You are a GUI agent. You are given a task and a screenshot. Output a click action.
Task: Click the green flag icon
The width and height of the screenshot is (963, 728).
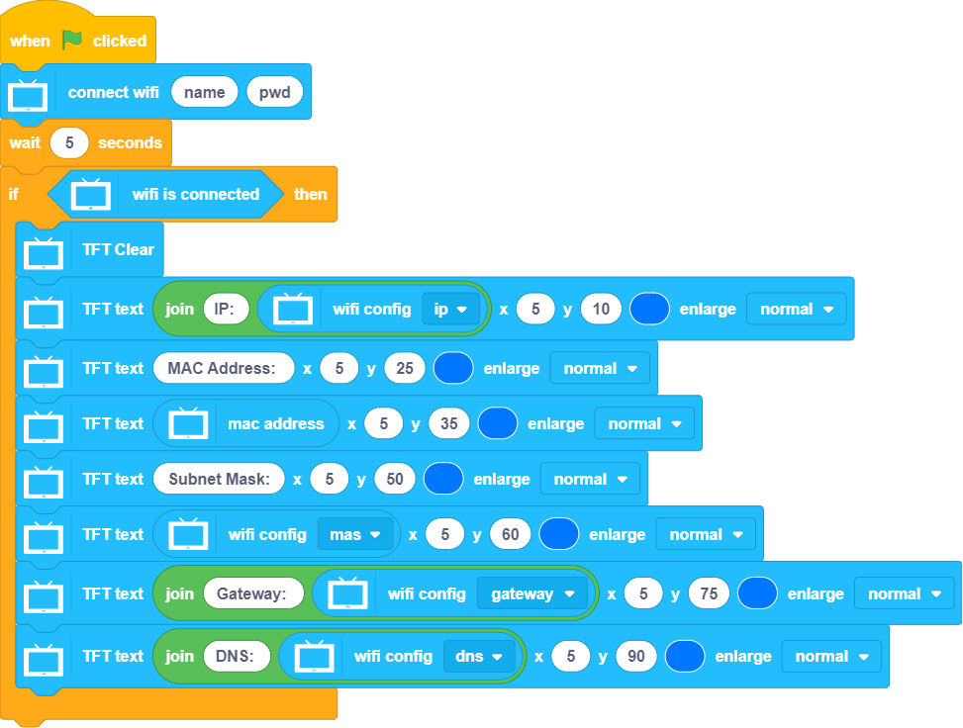coord(72,41)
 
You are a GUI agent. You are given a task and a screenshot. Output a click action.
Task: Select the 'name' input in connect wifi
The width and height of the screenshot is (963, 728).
coord(204,92)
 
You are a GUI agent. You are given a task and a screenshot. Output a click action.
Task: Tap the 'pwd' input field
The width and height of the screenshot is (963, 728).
coord(274,92)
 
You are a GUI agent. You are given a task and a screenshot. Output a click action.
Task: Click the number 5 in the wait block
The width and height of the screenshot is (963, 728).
coord(69,142)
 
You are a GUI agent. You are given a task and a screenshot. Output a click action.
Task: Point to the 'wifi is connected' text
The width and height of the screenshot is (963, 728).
coord(195,194)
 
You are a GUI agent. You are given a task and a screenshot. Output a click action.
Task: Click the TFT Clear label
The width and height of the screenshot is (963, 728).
coord(118,249)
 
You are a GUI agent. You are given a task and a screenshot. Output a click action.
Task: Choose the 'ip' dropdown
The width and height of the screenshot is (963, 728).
coord(450,309)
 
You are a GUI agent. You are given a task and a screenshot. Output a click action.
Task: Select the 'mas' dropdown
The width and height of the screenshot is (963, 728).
coord(354,534)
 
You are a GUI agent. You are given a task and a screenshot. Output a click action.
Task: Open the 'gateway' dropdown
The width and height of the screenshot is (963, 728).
coord(532,593)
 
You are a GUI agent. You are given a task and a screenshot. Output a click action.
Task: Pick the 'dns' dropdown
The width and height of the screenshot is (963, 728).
coord(479,656)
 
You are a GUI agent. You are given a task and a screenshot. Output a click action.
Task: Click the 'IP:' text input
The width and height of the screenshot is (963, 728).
coord(224,309)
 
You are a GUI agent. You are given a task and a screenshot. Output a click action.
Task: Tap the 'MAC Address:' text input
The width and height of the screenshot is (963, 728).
coord(224,368)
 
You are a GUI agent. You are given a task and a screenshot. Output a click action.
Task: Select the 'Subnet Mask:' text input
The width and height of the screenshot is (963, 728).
coord(219,479)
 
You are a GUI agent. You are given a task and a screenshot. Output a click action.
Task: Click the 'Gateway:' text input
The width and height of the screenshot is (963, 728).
coord(251,593)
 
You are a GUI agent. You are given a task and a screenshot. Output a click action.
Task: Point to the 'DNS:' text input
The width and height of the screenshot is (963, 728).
coord(237,656)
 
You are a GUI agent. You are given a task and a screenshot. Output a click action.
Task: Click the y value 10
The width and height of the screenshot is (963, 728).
coord(601,309)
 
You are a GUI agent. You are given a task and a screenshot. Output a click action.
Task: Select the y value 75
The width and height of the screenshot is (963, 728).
coord(709,593)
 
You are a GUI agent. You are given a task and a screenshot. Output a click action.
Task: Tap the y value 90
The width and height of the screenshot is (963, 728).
coord(635,656)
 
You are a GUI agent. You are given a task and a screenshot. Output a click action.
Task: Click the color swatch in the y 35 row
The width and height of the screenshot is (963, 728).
coord(498,423)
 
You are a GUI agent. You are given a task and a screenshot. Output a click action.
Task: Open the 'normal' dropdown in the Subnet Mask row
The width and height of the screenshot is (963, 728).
coord(590,479)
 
